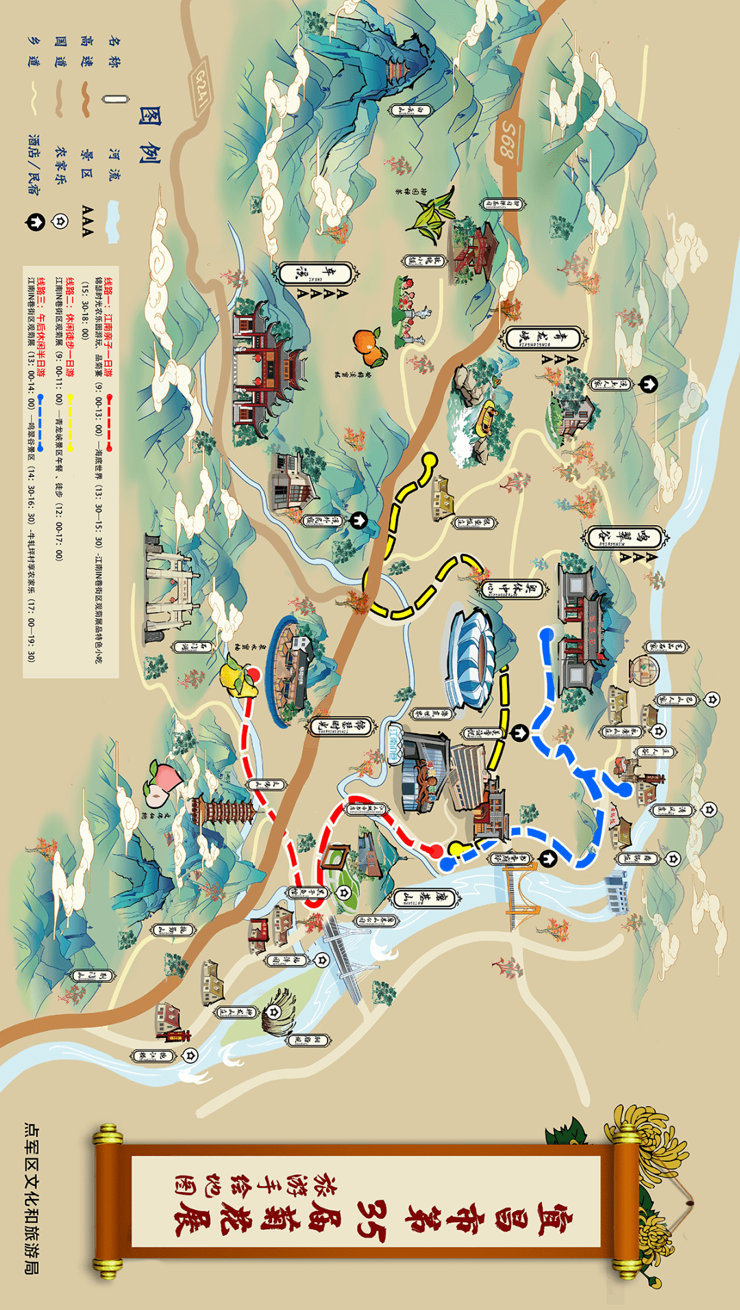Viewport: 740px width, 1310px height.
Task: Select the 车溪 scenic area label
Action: [316, 274]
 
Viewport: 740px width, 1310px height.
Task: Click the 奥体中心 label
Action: [513, 589]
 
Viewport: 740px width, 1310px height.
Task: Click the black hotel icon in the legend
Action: [35, 222]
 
